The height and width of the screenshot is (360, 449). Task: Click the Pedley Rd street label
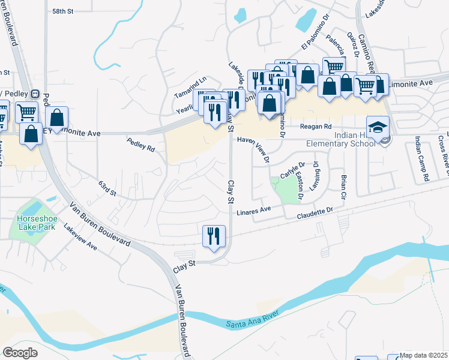[140, 145]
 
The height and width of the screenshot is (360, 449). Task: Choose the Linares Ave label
[254, 210]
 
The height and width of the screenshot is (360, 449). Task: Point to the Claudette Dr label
[315, 211]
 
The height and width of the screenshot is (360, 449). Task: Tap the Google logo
[20, 352]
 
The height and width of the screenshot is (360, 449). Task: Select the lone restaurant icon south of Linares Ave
[214, 236]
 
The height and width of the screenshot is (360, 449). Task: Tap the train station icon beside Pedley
[35, 94]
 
